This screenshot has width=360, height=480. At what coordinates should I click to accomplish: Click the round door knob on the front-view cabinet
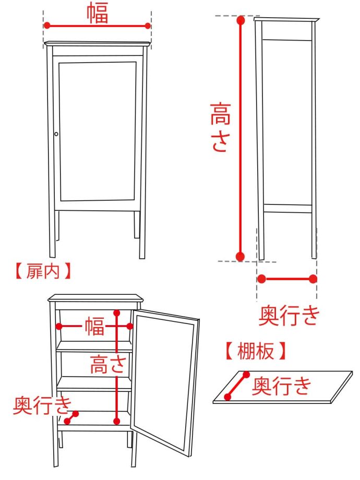(56, 134)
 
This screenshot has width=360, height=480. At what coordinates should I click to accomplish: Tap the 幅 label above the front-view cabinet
(98, 13)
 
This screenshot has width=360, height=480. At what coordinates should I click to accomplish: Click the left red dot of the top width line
(47, 25)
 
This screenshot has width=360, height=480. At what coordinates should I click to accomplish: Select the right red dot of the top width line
(148, 25)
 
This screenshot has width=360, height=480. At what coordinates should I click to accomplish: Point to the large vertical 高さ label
(220, 128)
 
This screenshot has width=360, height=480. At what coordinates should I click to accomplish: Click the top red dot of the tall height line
(241, 21)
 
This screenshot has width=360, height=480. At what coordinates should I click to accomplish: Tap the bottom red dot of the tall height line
(241, 256)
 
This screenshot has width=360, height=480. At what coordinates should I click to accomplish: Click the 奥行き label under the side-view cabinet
(289, 315)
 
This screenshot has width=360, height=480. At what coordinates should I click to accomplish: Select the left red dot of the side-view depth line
(261, 279)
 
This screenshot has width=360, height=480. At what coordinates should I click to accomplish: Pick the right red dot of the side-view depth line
(313, 279)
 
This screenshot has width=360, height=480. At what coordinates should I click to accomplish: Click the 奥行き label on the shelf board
(282, 387)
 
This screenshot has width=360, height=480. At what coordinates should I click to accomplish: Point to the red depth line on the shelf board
(237, 386)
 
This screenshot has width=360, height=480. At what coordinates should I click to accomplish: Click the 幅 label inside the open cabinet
(95, 327)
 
